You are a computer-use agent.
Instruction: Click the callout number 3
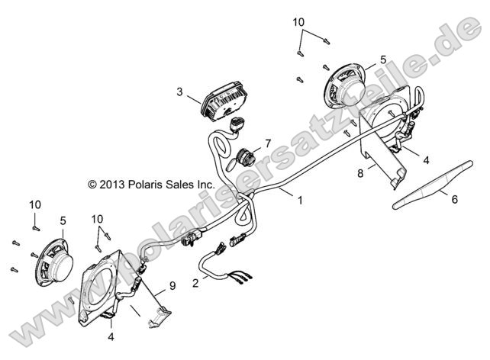point(179,92)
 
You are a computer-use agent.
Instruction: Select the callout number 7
point(268,143)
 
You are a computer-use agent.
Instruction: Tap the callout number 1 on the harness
point(300,200)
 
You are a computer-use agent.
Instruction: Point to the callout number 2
point(195,283)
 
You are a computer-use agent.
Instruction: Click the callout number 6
point(455,199)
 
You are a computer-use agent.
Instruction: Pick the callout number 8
point(360,173)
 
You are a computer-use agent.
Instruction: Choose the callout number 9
point(172,286)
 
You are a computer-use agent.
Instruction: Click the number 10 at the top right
point(298,22)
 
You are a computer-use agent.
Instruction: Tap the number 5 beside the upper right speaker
point(383,59)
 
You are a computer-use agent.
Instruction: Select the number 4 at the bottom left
point(111,336)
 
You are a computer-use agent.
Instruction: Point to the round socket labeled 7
point(247,157)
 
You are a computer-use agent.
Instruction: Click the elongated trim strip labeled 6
point(433,185)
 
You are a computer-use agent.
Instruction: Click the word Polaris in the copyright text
point(144,185)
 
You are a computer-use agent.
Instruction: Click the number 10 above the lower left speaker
point(35,205)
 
